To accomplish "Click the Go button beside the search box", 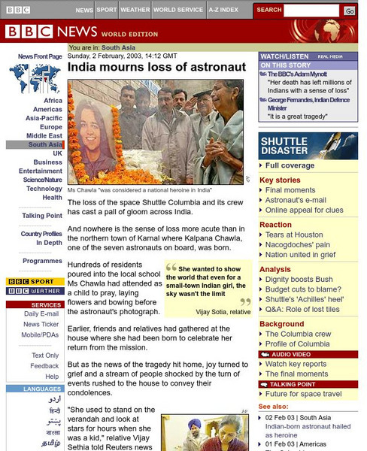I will point(350,11).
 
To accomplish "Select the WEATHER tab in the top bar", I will point(135,11).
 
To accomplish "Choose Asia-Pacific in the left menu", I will point(44,118).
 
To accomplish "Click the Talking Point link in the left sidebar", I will point(42,216).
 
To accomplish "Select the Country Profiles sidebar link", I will point(41,234).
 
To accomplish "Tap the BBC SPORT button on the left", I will point(35,281).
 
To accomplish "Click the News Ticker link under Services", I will point(41,324).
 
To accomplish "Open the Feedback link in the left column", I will point(44,366).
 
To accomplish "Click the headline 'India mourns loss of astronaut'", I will point(157,67).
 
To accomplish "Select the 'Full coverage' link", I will point(290,165).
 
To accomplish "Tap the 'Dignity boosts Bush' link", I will point(299,279).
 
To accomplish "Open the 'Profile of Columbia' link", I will point(297,344).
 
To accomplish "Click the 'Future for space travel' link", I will point(303,394).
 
